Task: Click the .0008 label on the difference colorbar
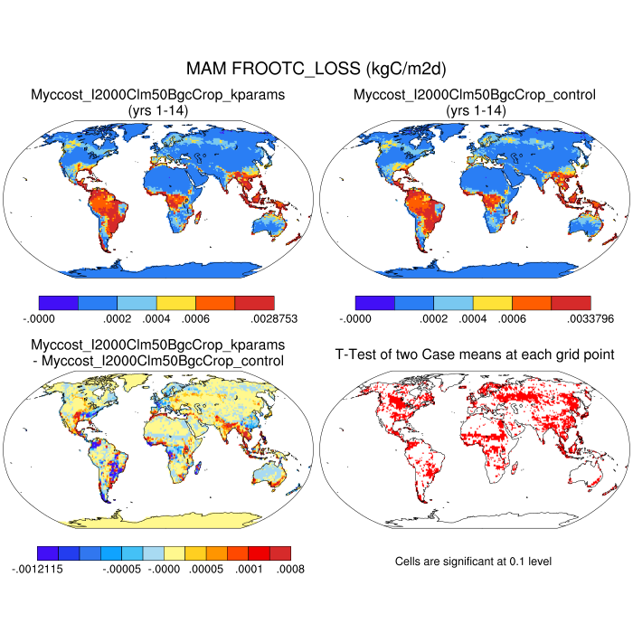290,569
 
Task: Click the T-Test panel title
473,354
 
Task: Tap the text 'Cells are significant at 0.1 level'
473,562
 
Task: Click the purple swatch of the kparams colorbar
59,303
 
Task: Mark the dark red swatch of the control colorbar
571,303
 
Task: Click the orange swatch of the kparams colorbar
215,303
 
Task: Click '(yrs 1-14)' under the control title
474,109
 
